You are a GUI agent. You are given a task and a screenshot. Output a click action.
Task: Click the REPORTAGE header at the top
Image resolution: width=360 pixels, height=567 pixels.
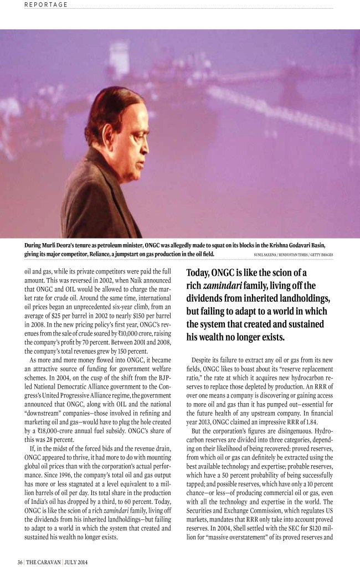coord(46,4)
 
